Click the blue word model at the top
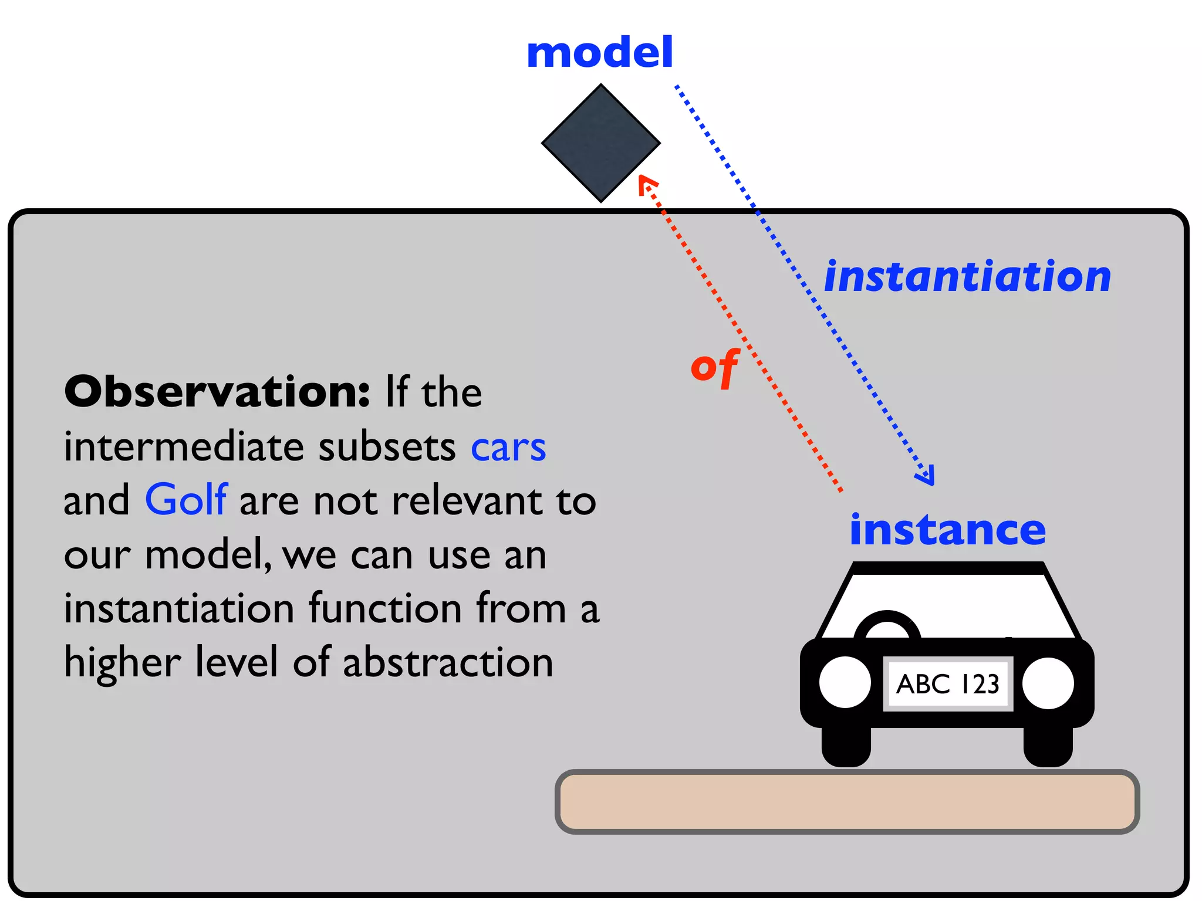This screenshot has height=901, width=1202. click(x=599, y=53)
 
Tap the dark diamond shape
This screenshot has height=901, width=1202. click(x=600, y=143)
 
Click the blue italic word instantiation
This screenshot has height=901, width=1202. click(x=967, y=276)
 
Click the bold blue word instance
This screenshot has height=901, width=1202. click(x=947, y=530)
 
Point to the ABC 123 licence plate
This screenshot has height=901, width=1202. click(x=947, y=684)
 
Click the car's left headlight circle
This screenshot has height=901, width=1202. click(x=845, y=682)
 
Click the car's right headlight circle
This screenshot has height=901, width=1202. click(x=1048, y=683)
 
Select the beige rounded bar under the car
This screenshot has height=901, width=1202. click(x=847, y=802)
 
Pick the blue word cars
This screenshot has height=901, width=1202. click(x=508, y=447)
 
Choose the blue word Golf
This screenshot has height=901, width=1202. click(x=186, y=500)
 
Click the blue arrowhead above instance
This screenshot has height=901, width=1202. click(x=926, y=475)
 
